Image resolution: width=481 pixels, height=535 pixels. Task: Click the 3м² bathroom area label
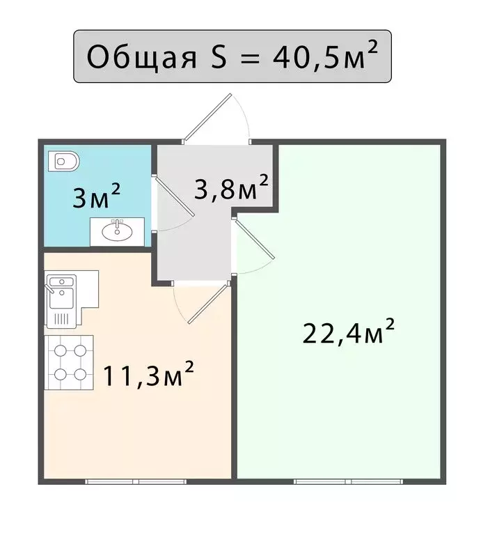pos(97,199)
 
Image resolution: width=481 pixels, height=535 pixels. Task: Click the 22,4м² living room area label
pos(349,332)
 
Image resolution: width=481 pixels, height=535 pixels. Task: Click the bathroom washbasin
pos(117,230)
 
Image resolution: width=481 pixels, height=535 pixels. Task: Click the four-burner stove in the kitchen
pos(70,363)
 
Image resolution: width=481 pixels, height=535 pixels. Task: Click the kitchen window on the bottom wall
pos(135,481)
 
